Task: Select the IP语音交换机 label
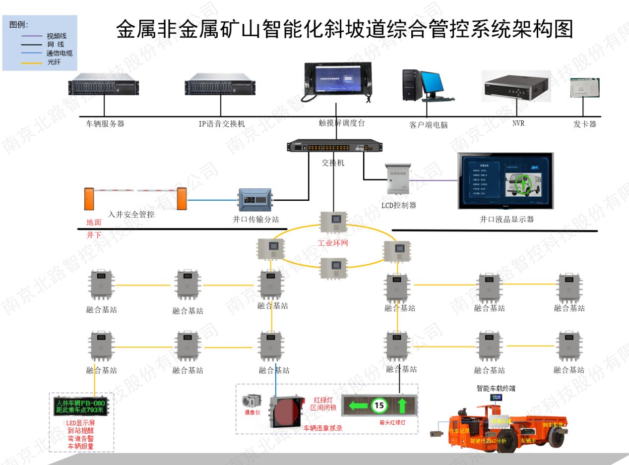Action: point(222,124)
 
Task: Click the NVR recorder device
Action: point(516,87)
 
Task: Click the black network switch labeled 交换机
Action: point(335,146)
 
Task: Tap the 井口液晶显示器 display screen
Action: point(505,180)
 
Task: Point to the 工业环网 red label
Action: point(333,243)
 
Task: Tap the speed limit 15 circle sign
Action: point(379,406)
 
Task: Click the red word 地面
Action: point(94,223)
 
